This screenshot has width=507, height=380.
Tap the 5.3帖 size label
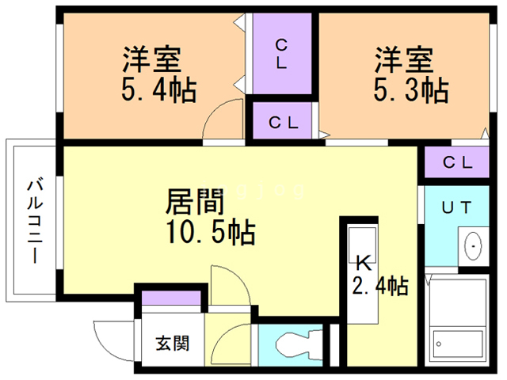tap(410, 89)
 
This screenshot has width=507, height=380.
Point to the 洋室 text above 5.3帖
tap(404, 59)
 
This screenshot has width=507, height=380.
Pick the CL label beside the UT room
tap(457, 163)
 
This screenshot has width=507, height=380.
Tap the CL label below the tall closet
tap(282, 123)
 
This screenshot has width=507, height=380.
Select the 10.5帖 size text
tap(210, 233)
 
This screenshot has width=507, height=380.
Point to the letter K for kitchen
tap(363, 260)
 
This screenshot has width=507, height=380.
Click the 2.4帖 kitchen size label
tap(379, 285)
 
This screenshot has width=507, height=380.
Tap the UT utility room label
tap(456, 208)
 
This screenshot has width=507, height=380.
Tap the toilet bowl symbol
tap(295, 345)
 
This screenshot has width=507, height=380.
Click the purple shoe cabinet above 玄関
tap(170, 298)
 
